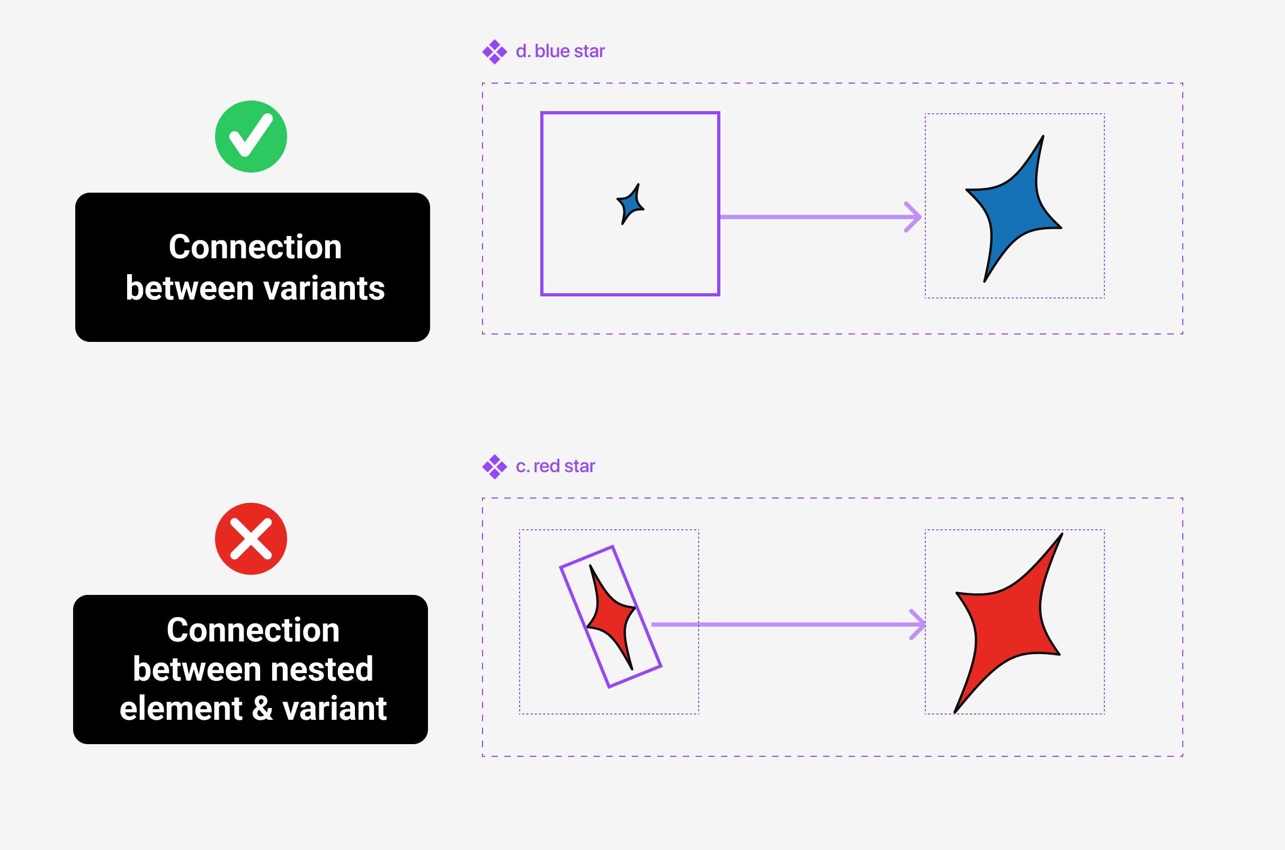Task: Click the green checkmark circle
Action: (251, 137)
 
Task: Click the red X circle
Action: (251, 539)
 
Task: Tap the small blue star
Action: (630, 204)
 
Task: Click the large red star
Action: (1006, 623)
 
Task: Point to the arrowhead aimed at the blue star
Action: (914, 218)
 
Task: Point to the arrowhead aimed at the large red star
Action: (918, 625)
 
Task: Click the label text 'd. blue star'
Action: (560, 51)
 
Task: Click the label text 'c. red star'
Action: (555, 466)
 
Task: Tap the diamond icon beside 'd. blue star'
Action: (494, 52)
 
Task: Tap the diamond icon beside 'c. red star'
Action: (494, 467)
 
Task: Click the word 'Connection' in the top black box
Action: (255, 247)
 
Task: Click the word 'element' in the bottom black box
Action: (181, 709)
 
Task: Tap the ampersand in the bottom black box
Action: (263, 709)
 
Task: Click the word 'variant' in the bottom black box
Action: (334, 709)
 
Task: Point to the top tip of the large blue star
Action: (1042, 137)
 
